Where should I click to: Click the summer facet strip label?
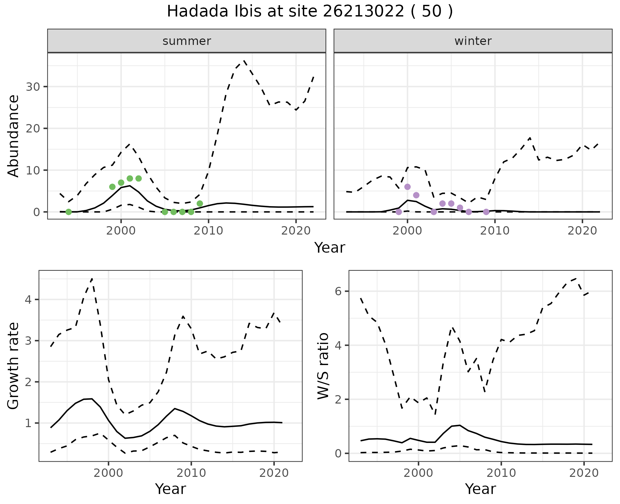pos(187,41)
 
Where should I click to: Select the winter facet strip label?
pos(473,41)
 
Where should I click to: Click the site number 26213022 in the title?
pos(363,12)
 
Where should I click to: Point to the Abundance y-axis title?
pos(14,136)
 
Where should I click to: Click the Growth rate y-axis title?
pos(14,366)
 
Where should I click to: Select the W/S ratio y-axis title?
pos(323,366)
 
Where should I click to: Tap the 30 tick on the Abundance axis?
pos(32,87)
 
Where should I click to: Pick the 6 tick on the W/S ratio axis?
pos(338,291)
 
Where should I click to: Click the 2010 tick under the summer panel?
pos(209,231)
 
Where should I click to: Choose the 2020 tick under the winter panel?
pos(582,231)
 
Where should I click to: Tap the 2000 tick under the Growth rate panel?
pos(108,473)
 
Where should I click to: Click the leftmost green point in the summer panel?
pos(68,212)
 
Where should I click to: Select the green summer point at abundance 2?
pos(200,204)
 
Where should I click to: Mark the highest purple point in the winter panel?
pos(408,187)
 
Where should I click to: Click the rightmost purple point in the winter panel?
pos(486,212)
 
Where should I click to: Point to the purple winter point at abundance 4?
pos(416,195)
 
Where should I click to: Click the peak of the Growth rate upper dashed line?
pos(92,278)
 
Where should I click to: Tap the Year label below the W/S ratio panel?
pos(480,489)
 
